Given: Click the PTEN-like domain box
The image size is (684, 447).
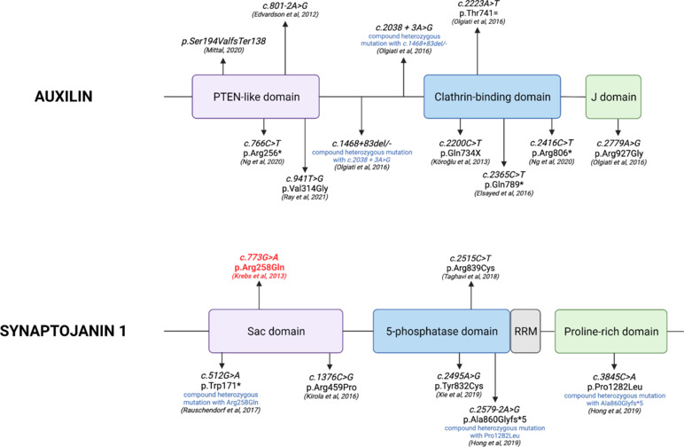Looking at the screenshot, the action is pyautogui.click(x=256, y=97).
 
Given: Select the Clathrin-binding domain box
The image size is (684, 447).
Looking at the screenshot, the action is pyautogui.click(x=492, y=97).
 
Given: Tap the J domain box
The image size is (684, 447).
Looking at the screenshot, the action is pyautogui.click(x=613, y=97).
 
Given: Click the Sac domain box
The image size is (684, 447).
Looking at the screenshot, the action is pyautogui.click(x=276, y=331).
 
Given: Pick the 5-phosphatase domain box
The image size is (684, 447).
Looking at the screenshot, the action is pyautogui.click(x=441, y=331).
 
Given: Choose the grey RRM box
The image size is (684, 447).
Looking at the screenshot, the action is pyautogui.click(x=525, y=331).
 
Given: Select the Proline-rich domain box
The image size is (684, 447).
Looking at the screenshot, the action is pyautogui.click(x=611, y=331).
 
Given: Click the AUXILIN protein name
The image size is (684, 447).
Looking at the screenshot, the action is pyautogui.click(x=64, y=96).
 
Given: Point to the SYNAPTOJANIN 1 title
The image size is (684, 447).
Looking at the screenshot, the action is pyautogui.click(x=63, y=331).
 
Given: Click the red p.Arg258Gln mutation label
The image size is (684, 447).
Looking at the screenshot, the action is pyautogui.click(x=259, y=267).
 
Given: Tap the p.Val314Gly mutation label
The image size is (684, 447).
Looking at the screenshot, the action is pyautogui.click(x=305, y=189).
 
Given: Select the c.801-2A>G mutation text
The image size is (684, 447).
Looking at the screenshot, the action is pyautogui.click(x=285, y=5).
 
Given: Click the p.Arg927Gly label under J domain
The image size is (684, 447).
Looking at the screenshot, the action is pyautogui.click(x=619, y=153).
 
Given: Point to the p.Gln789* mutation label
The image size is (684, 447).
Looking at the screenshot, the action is pyautogui.click(x=504, y=184).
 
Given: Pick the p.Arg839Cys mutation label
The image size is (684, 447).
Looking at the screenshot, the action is pyautogui.click(x=470, y=268).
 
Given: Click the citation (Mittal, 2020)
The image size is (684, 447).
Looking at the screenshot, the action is pyautogui.click(x=224, y=51).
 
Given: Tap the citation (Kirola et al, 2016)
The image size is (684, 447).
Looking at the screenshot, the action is pyautogui.click(x=331, y=396).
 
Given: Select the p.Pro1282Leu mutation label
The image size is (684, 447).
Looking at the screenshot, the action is pyautogui.click(x=614, y=387).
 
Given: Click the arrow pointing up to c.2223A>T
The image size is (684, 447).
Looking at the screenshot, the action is pyautogui.click(x=478, y=52).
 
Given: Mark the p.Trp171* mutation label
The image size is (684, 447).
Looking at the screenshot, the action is pyautogui.click(x=221, y=386).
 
